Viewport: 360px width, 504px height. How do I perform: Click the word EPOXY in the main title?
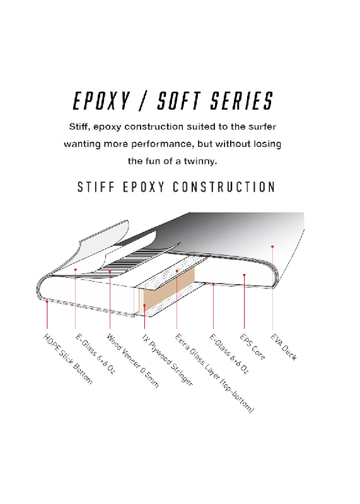[x=101, y=101]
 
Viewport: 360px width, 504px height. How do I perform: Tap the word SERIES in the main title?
[x=241, y=101]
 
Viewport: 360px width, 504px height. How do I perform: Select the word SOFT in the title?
[x=179, y=101]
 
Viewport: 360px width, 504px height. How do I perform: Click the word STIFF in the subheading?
[x=96, y=187]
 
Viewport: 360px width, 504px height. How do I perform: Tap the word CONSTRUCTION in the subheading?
[x=224, y=187]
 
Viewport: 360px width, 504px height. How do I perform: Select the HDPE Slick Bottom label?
[x=68, y=358]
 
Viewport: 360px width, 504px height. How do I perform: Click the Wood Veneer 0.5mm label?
[x=132, y=360]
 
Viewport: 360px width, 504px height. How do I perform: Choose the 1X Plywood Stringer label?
[x=167, y=360]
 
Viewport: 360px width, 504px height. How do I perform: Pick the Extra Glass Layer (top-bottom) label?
[x=214, y=374]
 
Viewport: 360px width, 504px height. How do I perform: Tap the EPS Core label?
[x=253, y=347]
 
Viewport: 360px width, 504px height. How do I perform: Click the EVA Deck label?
[x=284, y=347]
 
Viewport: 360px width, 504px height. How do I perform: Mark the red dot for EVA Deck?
[x=272, y=246]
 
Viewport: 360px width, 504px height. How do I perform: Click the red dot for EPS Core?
[x=244, y=275]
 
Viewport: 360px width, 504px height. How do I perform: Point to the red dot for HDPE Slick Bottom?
[x=47, y=301]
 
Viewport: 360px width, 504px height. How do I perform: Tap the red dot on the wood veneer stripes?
[x=110, y=271]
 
